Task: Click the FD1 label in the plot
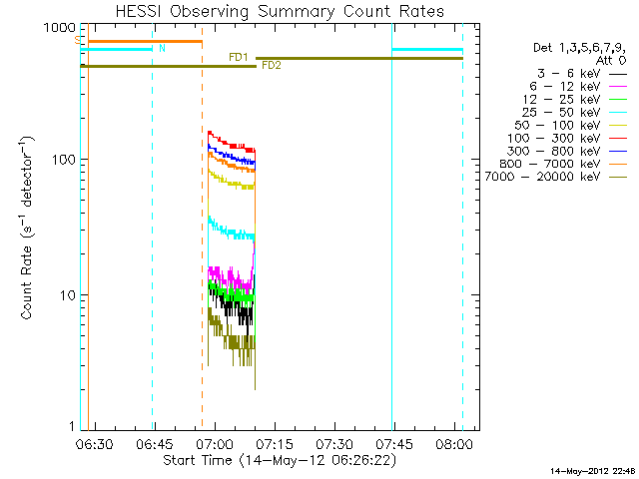239,57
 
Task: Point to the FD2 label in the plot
271,66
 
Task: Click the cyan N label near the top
163,48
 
